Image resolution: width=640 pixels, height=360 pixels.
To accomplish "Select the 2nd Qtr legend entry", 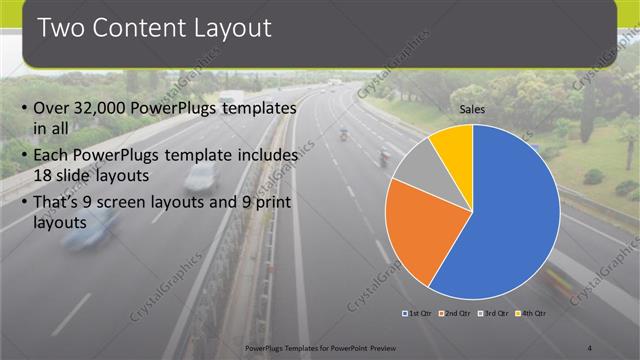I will pyautogui.click(x=456, y=314).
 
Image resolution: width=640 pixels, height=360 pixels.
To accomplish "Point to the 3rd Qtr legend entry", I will pyautogui.click(x=495, y=314).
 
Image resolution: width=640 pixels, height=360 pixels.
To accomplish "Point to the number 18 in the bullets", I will pyautogui.click(x=44, y=176).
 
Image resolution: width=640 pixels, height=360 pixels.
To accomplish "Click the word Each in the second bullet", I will pyautogui.click(x=52, y=157).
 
